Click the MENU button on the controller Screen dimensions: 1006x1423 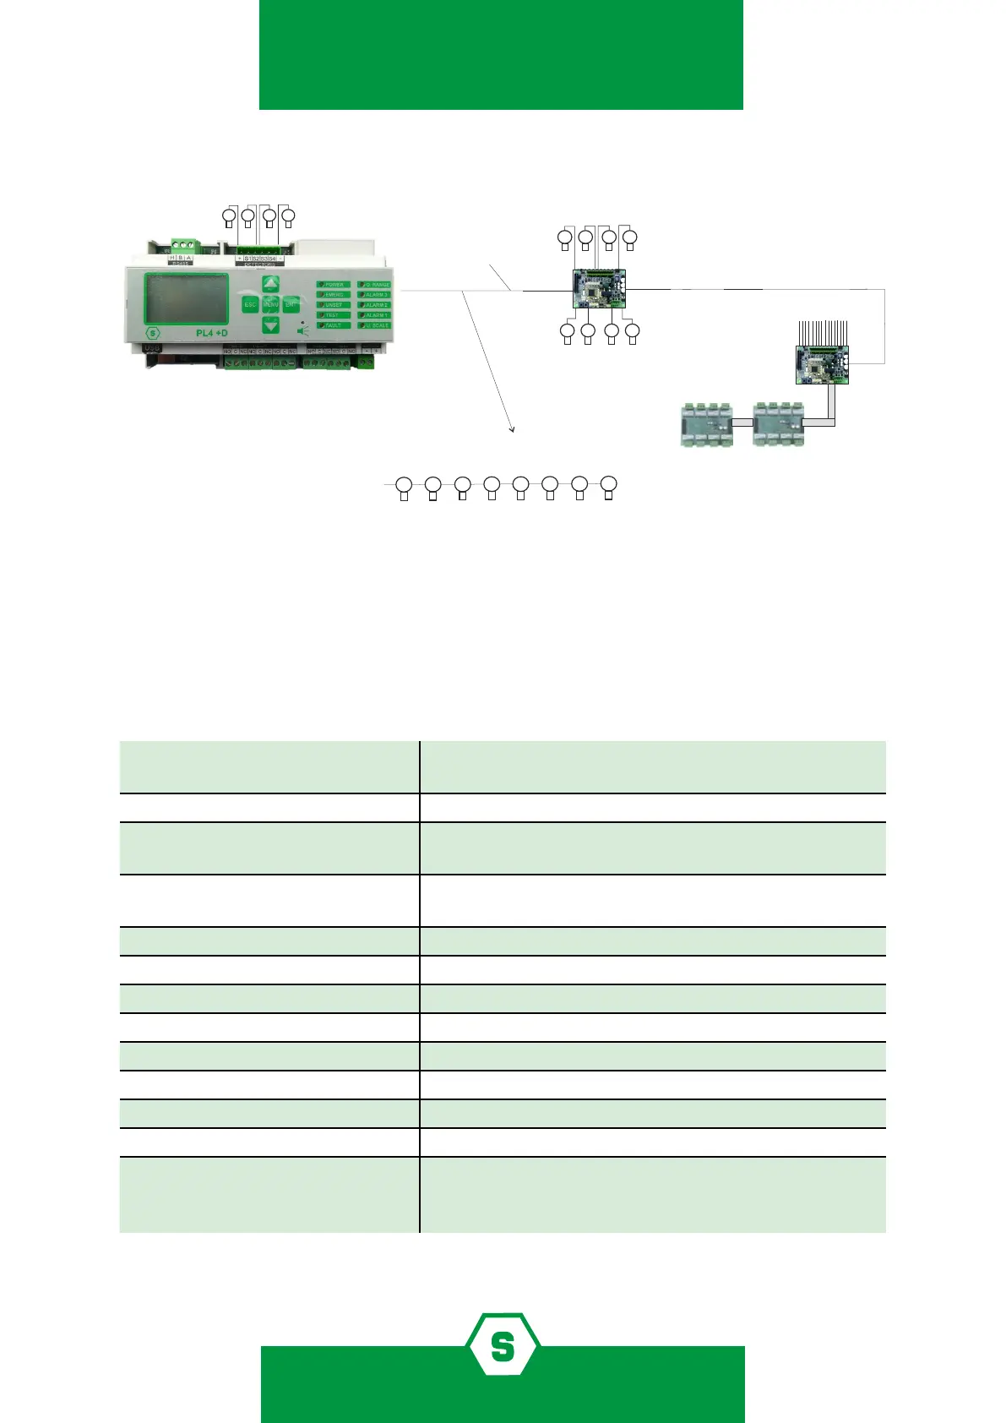270,304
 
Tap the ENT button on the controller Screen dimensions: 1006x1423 291,304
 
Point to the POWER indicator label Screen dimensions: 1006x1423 334,285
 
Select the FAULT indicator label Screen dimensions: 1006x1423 334,325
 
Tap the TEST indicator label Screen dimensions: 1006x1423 334,315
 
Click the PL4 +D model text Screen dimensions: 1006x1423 211,333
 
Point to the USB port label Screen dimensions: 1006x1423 152,348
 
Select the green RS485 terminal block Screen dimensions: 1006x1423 182,246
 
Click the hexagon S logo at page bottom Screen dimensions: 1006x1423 503,1344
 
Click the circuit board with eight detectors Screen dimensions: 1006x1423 599,289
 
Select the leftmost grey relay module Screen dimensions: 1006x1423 706,426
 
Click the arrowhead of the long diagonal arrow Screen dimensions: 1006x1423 512,431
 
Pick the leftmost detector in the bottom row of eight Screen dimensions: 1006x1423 404,487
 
